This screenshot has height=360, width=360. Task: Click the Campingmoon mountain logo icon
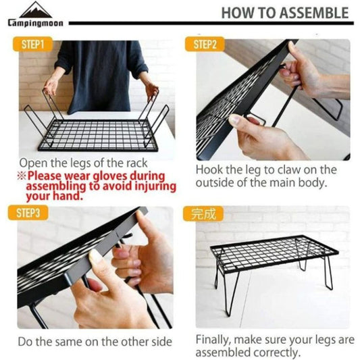pos(36,9)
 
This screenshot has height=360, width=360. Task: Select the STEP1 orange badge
pos(32,44)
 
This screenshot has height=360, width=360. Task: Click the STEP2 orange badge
pos(205,44)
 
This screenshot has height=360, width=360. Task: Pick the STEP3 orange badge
pos(28,213)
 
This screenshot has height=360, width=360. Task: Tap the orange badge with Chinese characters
pos(203,213)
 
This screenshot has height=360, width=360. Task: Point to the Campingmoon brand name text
pos(36,23)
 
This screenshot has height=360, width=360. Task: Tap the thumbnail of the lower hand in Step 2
pos(236,120)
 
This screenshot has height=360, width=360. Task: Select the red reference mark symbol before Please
pos(22,176)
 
